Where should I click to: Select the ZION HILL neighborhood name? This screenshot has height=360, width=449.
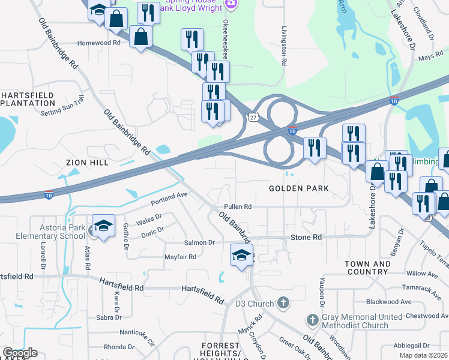[x=88, y=163]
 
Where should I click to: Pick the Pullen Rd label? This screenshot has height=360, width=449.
[x=238, y=206]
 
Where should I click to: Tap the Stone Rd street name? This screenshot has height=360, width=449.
[x=306, y=238]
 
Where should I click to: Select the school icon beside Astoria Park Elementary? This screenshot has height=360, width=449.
[x=103, y=226]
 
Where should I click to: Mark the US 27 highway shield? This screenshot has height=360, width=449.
[x=252, y=118]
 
